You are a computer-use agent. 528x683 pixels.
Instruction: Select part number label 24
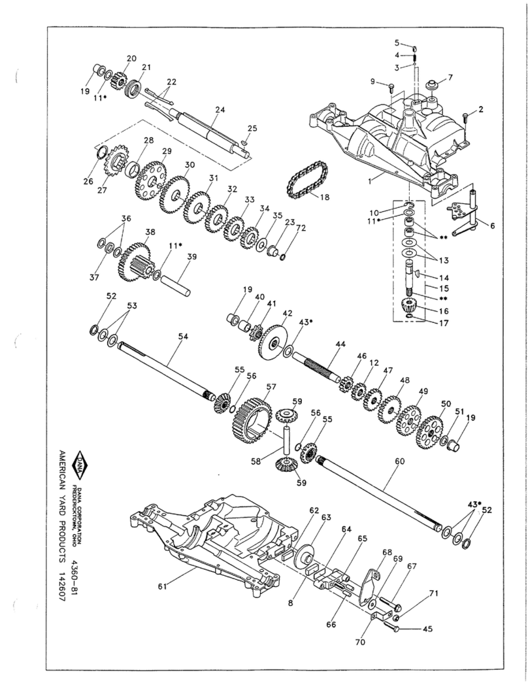click(220, 110)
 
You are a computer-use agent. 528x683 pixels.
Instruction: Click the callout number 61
click(162, 586)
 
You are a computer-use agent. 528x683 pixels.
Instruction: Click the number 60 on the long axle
click(400, 461)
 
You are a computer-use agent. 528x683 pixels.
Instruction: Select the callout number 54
click(184, 335)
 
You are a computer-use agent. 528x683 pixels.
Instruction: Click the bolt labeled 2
click(464, 118)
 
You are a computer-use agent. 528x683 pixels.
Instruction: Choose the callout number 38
click(150, 232)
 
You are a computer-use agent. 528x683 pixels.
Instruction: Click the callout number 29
click(167, 151)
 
